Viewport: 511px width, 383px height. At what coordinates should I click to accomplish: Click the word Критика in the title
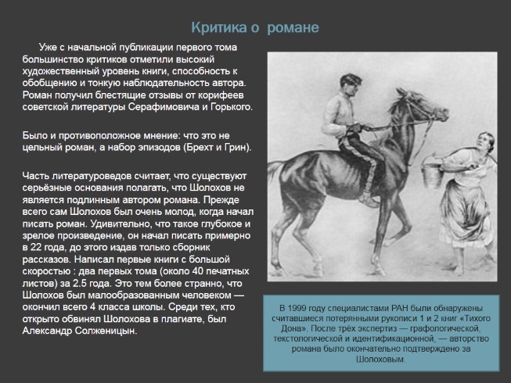click(x=221, y=28)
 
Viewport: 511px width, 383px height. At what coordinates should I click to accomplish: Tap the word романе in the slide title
click(x=293, y=28)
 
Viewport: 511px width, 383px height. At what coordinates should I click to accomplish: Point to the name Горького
click(x=229, y=106)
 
